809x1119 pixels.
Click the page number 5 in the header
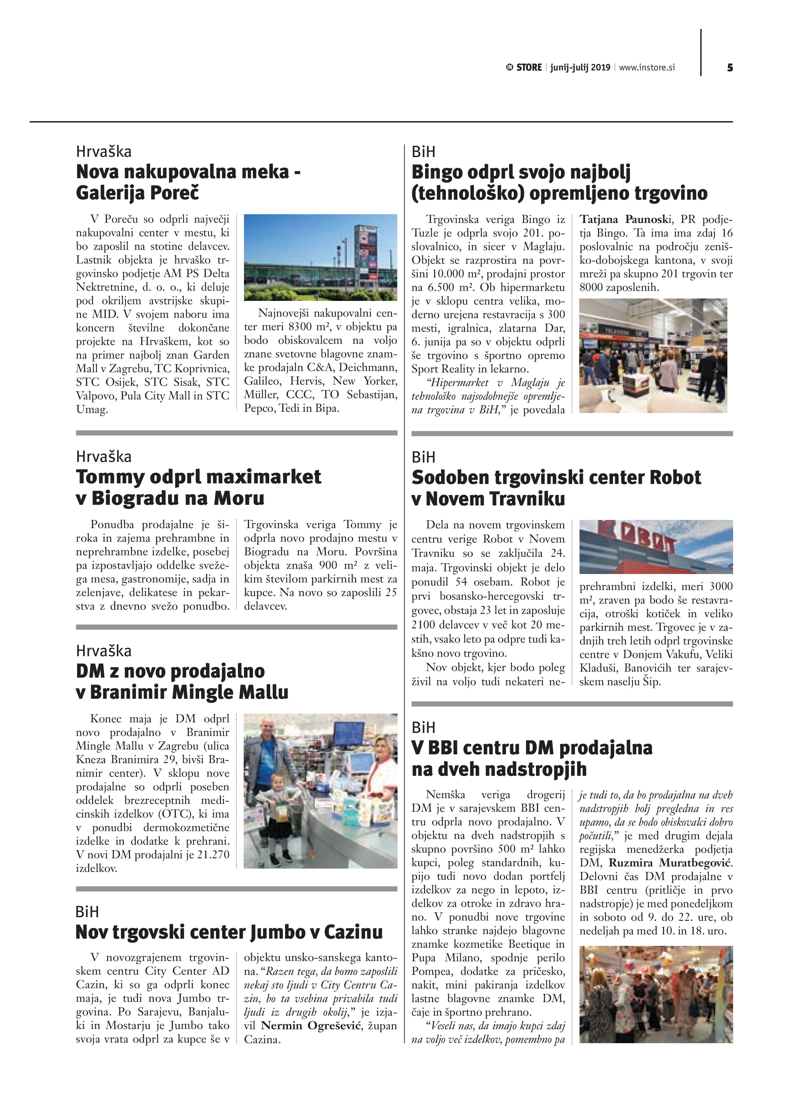(729, 68)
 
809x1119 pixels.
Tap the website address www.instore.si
(647, 68)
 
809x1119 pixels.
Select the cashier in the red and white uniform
(380, 779)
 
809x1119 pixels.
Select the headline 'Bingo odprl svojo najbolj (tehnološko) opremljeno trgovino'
(559, 182)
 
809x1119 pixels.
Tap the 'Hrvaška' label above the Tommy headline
(104, 456)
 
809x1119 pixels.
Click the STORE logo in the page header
(524, 68)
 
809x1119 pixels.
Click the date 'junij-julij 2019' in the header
(580, 68)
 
